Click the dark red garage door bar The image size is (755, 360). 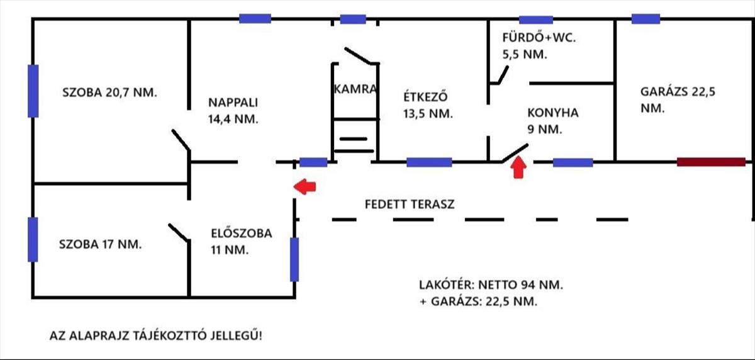pos(711,162)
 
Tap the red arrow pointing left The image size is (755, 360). pos(306,186)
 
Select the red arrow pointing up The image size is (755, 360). pos(518,168)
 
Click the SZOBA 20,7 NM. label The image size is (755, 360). pos(110,92)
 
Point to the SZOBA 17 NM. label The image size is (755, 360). pos(101,244)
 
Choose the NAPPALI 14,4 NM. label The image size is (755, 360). pos(233,110)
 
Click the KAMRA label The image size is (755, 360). pos(356,89)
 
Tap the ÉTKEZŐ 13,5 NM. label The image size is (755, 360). pos(428,105)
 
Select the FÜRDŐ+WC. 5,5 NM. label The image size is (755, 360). pos(539,45)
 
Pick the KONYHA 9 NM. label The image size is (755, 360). pos(552,121)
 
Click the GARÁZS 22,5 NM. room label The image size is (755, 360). pos(678,99)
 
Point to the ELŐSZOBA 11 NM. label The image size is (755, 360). pos(242,241)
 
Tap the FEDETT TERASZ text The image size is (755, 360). pos(410,205)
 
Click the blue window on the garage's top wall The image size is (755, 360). pos(646,19)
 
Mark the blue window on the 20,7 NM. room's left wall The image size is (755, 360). pos(33,91)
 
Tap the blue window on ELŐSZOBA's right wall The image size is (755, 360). pos(294,259)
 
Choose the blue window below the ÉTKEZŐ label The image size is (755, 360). pos(429,162)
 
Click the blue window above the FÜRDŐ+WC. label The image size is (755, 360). pos(536,20)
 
